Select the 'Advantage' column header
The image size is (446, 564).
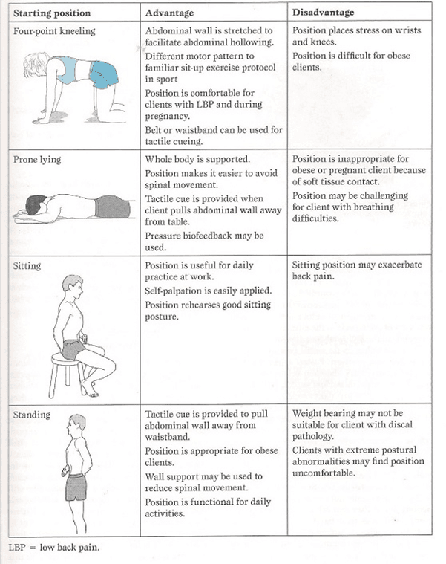tap(170, 13)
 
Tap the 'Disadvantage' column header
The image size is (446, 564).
tap(323, 13)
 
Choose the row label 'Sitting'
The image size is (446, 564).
tap(27, 265)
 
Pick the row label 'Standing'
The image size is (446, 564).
tap(30, 414)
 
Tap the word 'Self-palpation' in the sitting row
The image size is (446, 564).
tap(175, 291)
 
